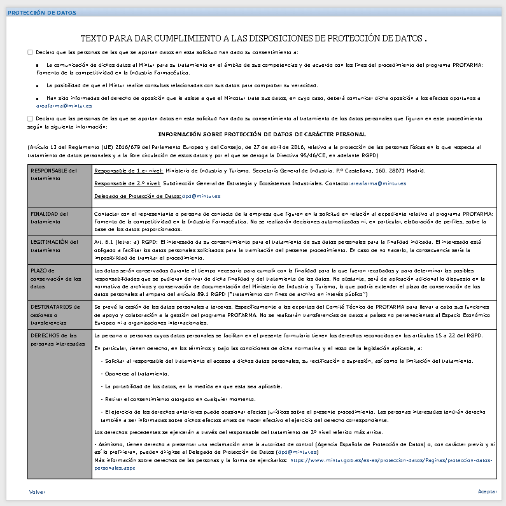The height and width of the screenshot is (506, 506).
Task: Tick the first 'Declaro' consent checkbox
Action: point(30,52)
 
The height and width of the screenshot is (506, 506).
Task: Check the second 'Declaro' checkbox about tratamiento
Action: point(30,118)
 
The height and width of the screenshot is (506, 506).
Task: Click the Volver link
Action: point(37,492)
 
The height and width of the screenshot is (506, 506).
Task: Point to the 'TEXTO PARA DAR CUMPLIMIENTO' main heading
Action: point(253,39)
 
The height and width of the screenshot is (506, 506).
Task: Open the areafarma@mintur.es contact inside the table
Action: point(379,183)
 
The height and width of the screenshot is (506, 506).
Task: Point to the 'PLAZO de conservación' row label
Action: point(55,278)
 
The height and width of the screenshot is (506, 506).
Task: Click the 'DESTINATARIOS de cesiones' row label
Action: point(54,314)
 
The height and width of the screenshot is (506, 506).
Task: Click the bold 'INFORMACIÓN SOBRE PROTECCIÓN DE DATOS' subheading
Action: point(262,134)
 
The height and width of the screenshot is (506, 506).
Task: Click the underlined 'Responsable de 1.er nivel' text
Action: point(128,171)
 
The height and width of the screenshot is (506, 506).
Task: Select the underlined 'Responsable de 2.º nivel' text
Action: point(128,183)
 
